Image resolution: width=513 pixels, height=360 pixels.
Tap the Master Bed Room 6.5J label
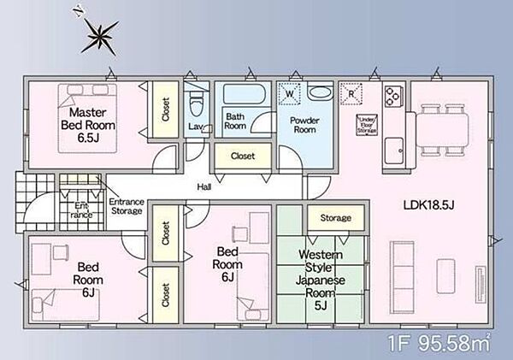[88, 125]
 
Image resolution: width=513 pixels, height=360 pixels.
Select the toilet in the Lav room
[197, 103]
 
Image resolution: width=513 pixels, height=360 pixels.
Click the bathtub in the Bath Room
[244, 94]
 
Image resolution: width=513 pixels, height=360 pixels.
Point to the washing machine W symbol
[289, 94]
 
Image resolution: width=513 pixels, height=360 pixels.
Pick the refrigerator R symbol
[351, 94]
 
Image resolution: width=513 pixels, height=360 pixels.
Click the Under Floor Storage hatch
[367, 125]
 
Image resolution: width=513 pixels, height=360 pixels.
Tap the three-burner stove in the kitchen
[393, 96]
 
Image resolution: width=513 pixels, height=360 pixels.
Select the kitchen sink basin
[393, 150]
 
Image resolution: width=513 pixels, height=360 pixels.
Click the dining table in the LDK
[442, 130]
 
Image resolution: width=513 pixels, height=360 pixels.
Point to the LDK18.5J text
[428, 205]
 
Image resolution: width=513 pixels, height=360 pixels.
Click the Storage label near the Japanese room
[336, 218]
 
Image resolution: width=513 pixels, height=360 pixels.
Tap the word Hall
[204, 187]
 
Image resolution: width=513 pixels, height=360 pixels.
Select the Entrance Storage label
[127, 206]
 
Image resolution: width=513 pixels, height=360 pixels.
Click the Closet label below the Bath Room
[243, 156]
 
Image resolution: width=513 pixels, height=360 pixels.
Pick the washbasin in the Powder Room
[321, 92]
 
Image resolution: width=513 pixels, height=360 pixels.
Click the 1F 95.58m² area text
[439, 342]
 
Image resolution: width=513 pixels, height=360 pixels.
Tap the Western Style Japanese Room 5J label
[321, 280]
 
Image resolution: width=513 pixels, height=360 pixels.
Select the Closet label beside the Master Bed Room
[166, 109]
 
